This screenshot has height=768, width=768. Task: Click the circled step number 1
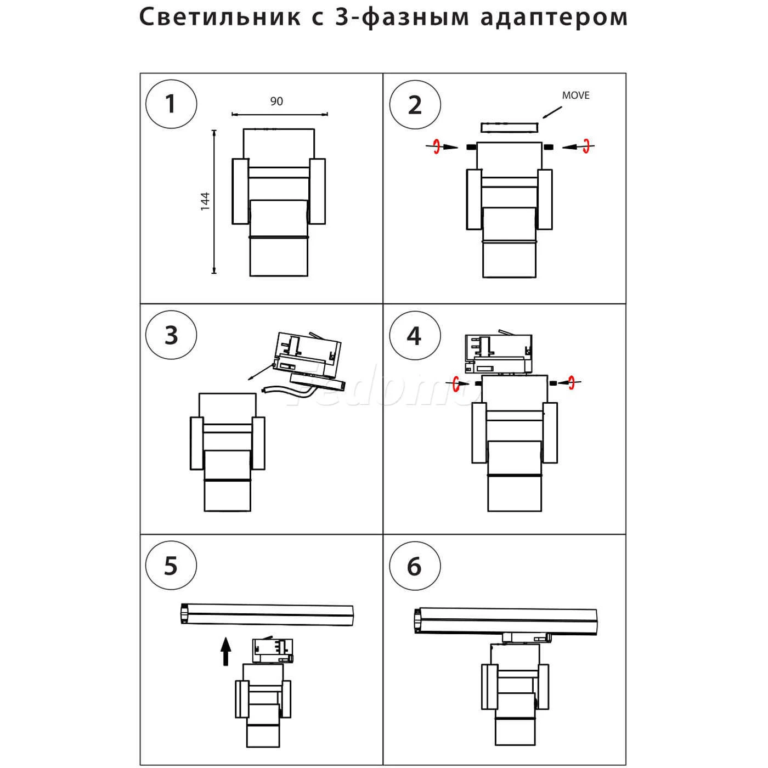coord(171,104)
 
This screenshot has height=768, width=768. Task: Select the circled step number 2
coord(415,105)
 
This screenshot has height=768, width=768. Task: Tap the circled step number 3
coord(171,335)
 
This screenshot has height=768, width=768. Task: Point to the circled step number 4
coord(415,335)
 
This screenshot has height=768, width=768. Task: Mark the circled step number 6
coord(415,566)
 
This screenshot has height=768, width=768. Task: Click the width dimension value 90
coord(276,101)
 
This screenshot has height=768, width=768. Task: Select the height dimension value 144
coord(205,201)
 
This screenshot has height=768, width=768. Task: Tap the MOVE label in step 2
coord(575,95)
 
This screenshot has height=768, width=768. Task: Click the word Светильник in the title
coord(219,18)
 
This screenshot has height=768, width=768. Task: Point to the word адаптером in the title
coord(554,18)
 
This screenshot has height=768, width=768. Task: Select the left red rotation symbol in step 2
coord(437,146)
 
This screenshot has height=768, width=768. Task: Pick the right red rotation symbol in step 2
coord(586,146)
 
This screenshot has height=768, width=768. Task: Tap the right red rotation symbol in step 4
coord(572,382)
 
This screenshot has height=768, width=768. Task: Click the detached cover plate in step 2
coord(510,127)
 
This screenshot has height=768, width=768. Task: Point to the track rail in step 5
coord(267,614)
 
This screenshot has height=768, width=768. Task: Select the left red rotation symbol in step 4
coord(457,382)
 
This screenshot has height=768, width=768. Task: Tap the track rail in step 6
coord(505,622)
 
